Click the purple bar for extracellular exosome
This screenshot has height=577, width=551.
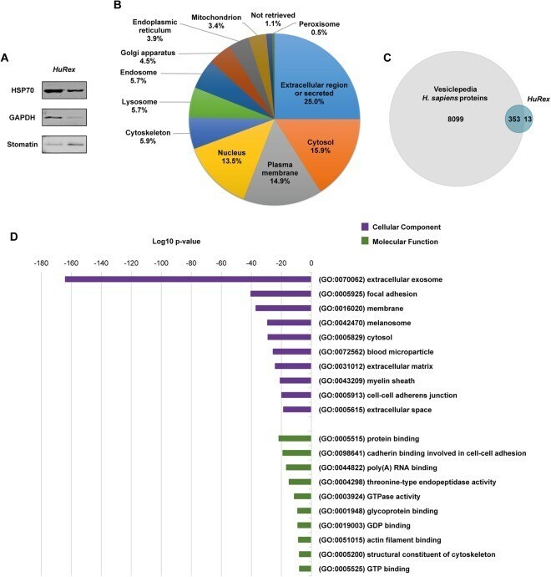coord(188,279)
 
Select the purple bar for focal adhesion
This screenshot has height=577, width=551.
coord(281,294)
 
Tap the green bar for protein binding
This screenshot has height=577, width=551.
coord(295,438)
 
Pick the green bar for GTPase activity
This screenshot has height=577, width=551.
coord(302,497)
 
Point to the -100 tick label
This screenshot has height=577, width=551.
coord(161,263)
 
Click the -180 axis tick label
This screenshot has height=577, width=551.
coord(41,263)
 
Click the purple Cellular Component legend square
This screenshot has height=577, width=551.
coord(365,227)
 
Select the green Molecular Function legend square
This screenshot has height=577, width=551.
coord(365,242)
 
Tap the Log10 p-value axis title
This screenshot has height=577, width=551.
coord(176,242)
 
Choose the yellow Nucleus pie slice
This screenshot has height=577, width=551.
coord(228,162)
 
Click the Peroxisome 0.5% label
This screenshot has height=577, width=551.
coord(319,28)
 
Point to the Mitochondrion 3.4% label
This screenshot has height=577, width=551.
coord(216,22)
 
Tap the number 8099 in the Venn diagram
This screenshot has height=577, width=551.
coord(456,120)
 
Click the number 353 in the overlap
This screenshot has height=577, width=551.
coord(514,119)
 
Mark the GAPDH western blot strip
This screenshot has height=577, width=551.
coord(64,117)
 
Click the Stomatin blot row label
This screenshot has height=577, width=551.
coord(23,144)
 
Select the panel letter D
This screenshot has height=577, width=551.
coord(13,237)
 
